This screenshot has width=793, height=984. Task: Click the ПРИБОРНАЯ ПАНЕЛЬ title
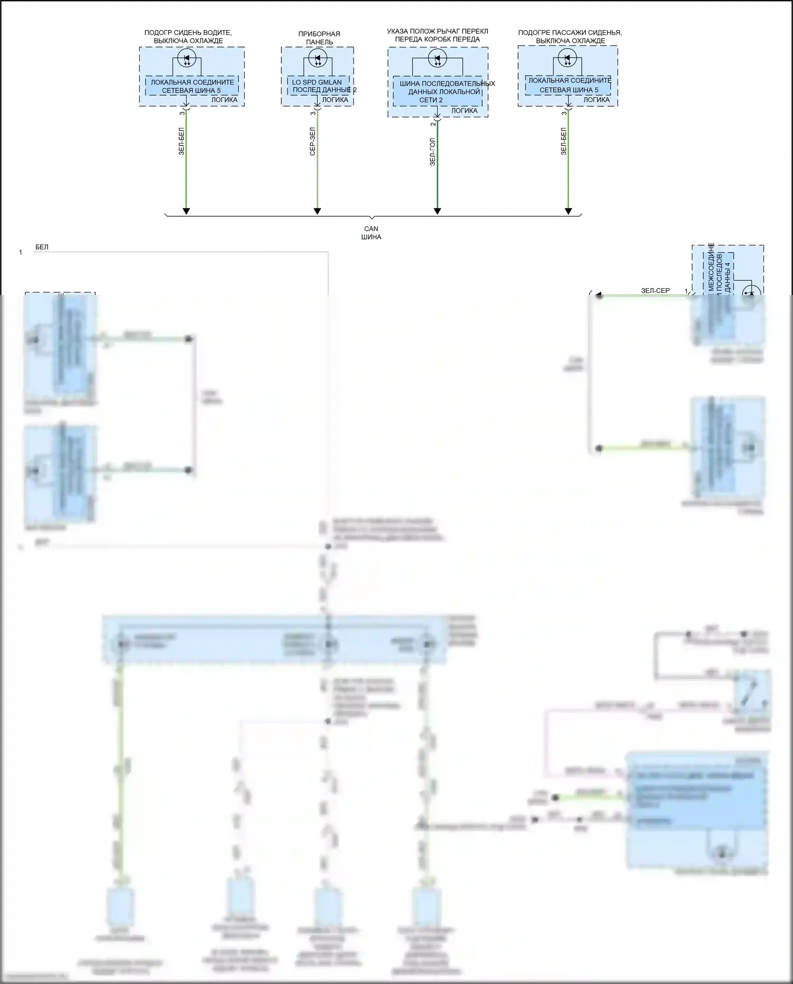319,38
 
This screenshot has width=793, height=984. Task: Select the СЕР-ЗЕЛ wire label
312,141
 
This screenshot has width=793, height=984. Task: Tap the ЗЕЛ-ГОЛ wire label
432,152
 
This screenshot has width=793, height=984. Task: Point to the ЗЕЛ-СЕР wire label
655,290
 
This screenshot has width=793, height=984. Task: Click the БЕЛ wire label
42,247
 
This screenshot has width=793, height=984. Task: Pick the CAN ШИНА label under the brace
371,233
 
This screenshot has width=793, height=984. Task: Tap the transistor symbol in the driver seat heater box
187,58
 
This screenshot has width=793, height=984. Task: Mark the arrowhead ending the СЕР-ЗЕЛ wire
317,211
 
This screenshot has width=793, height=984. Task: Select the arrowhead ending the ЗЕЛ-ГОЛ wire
437,211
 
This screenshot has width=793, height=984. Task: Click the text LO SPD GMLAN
317,82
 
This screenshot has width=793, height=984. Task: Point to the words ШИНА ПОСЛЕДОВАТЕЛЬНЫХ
447,84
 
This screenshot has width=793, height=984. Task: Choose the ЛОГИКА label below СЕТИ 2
464,111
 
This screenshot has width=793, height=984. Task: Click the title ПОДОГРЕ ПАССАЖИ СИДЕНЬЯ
570,33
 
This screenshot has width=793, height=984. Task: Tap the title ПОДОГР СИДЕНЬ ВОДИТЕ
188,33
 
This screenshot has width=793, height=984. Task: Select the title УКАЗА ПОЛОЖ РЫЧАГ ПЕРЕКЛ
437,32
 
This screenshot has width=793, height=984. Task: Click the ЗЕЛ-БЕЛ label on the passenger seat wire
564,141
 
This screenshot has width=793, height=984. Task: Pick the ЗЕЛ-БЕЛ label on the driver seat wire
181,141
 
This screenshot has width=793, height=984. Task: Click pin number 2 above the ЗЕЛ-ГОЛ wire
432,123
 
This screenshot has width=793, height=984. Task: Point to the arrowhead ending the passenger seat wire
568,211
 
